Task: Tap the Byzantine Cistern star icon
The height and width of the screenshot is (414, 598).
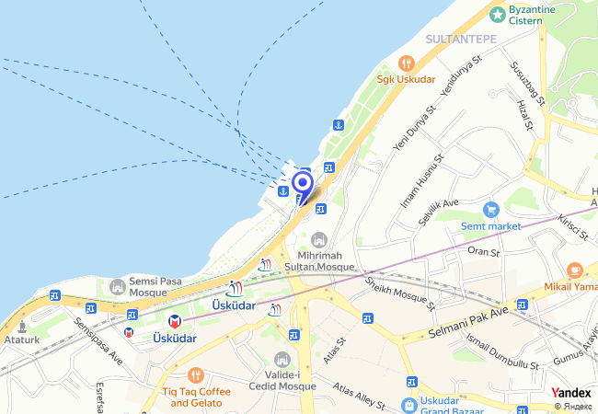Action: pos(498,14)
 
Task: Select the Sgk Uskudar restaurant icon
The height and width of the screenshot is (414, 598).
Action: pos(406,63)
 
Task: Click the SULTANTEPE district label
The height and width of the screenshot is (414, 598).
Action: pos(461,39)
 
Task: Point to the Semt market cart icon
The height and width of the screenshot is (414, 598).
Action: pos(490,210)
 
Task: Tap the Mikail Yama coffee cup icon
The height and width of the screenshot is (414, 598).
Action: pos(575,270)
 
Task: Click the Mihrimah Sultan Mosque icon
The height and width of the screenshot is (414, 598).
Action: pos(319,239)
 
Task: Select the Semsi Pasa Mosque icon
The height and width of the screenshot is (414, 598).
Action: pos(117,287)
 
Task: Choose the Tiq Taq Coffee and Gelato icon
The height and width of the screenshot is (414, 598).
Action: pos(195,375)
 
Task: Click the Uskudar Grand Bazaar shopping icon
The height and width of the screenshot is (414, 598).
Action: pos(409,404)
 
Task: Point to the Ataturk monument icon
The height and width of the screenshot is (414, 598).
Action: pos(21,326)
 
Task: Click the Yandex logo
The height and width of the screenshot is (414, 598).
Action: pos(571,392)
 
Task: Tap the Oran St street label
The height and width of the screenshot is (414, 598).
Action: pos(484,250)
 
